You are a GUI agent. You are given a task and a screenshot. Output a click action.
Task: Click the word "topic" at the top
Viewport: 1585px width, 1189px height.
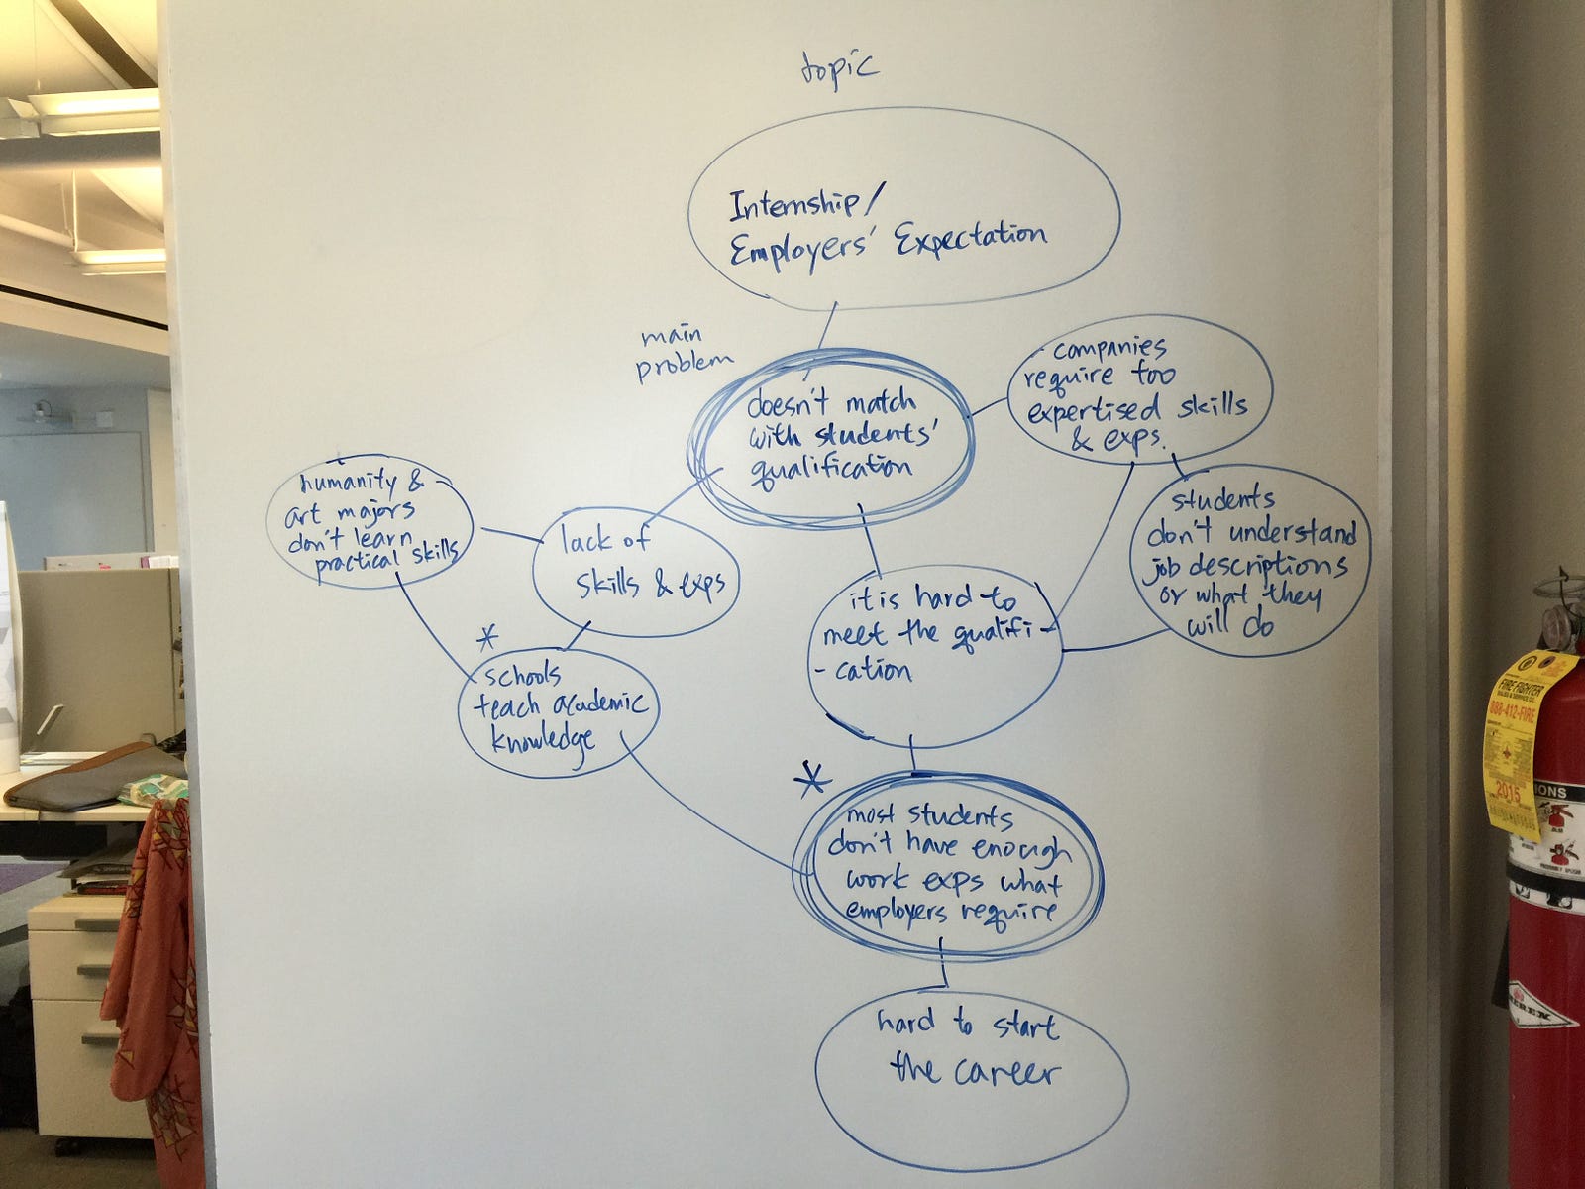pos(837,72)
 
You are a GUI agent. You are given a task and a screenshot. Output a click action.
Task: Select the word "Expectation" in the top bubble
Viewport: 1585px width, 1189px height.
pos(970,238)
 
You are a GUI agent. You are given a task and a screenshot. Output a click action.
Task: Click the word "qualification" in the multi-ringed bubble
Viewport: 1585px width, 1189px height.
pos(833,465)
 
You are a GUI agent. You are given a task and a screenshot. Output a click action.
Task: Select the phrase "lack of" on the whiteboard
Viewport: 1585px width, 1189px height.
pos(604,541)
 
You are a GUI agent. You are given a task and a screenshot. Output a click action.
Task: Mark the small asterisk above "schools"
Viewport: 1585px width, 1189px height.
pos(485,636)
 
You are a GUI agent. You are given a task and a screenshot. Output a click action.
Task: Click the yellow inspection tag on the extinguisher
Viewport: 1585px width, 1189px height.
pos(1516,743)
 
